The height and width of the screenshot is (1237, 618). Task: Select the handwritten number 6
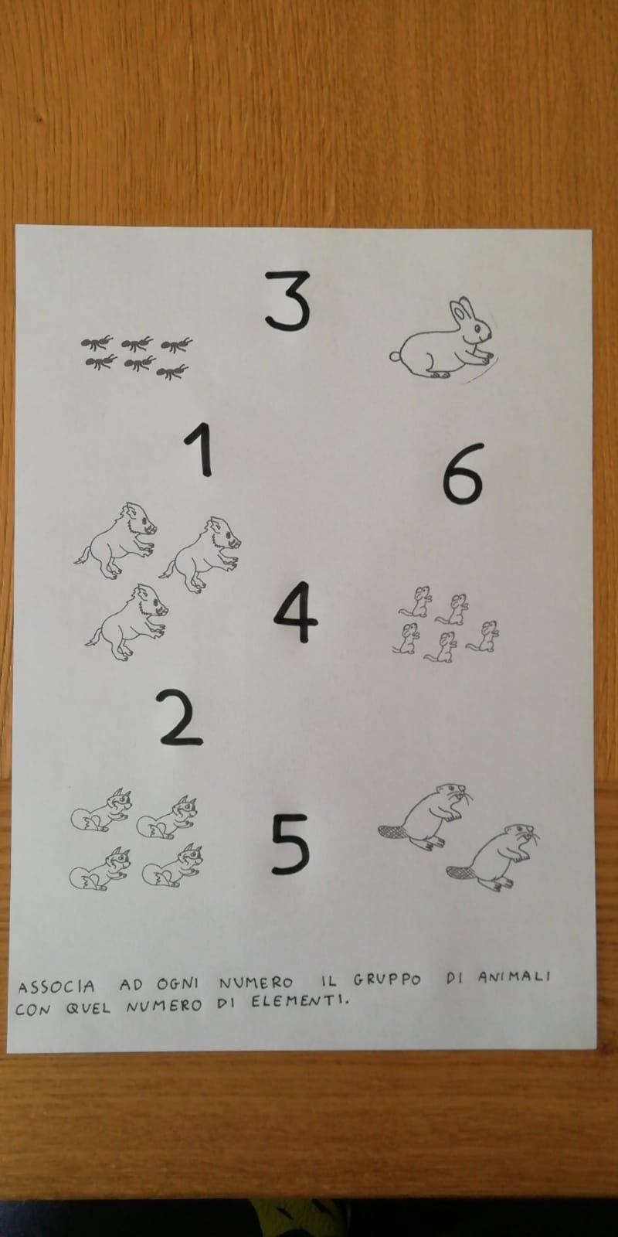tap(463, 474)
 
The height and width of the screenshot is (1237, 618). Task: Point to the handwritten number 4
tap(295, 612)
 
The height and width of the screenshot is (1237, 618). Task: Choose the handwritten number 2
tap(180, 717)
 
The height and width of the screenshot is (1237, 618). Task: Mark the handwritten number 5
tap(290, 844)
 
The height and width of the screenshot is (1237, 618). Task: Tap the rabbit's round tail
tap(395, 356)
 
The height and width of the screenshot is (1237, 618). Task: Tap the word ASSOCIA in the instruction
tap(56, 987)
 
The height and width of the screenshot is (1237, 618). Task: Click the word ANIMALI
tap(514, 977)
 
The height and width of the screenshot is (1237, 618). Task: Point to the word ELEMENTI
tap(301, 1000)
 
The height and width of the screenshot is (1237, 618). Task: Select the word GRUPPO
tap(387, 981)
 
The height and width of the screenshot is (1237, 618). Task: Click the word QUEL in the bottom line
tap(88, 1008)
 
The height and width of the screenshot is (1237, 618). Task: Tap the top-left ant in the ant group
tap(97, 343)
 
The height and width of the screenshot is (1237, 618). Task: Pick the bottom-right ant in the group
tap(172, 372)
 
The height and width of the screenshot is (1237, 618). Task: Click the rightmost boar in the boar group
tap(201, 554)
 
